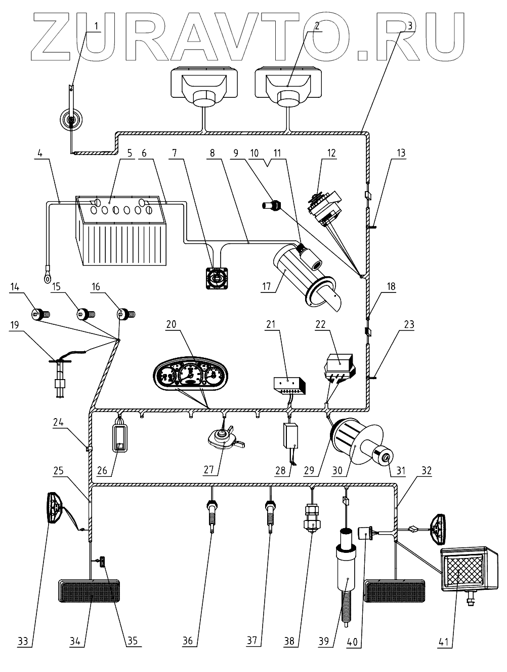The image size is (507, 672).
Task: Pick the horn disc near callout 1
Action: click(70, 121)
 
